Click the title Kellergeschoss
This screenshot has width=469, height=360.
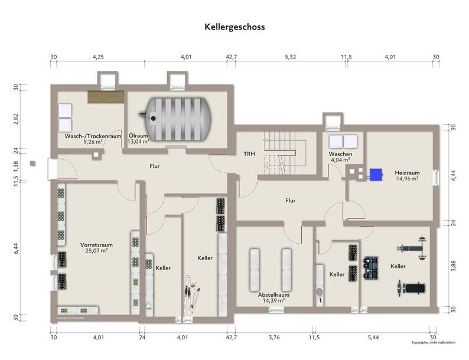pyautogui.click(x=234, y=27)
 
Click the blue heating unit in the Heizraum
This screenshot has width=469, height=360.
pyautogui.click(x=374, y=174)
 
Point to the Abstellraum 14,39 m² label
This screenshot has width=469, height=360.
pyautogui.click(x=273, y=297)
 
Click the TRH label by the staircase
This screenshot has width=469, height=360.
pyautogui.click(x=249, y=154)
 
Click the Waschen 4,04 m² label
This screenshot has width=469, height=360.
pyautogui.click(x=340, y=157)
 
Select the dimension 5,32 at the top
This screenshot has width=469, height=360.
pyautogui.click(x=291, y=57)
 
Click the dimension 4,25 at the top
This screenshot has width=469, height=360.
pyautogui.click(x=99, y=57)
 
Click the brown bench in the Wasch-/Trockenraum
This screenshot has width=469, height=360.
pyautogui.click(x=105, y=97)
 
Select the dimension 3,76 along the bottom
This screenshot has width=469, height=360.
pyautogui.click(x=273, y=337)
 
